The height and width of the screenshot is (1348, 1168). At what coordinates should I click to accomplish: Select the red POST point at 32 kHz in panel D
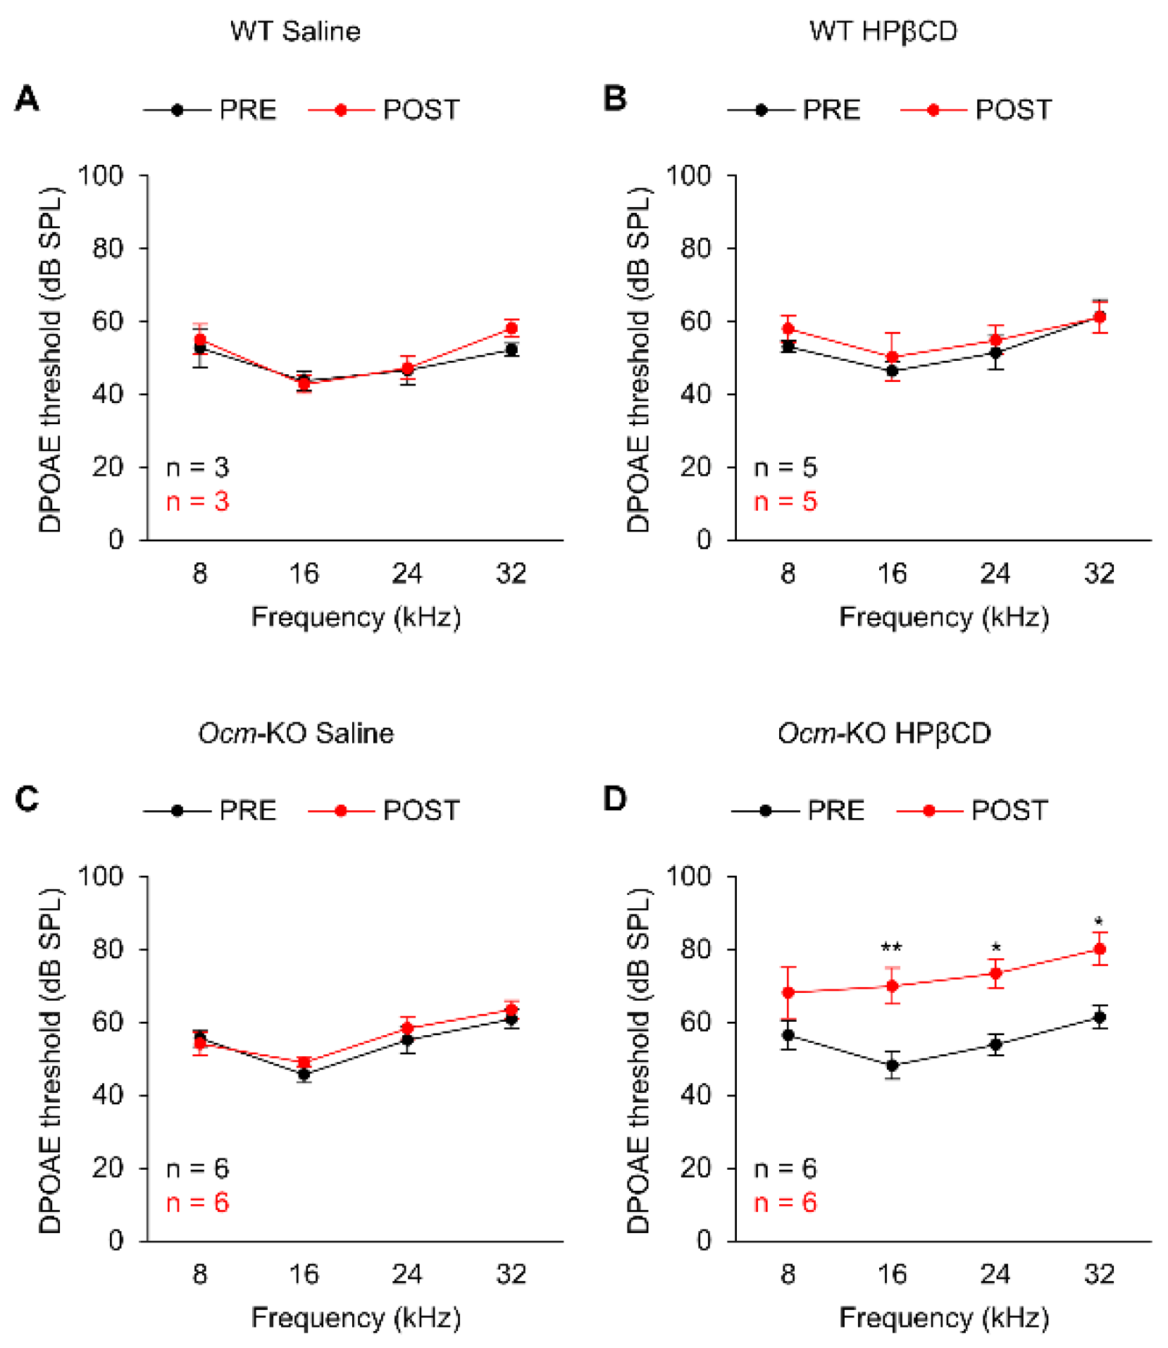pos(1099,949)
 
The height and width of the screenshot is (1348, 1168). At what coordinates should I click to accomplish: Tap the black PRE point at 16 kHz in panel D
pos(892,1065)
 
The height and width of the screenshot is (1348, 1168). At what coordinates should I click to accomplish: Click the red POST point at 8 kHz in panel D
pos(788,992)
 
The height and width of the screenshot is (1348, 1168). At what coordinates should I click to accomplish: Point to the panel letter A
pos(27,99)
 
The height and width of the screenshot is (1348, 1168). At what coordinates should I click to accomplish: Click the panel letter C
pos(27,799)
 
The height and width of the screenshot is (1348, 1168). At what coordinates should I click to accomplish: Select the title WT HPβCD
pos(883,31)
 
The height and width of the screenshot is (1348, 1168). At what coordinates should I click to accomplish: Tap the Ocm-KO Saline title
pos(295,733)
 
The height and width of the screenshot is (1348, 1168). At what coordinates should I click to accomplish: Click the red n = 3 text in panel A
pos(197,502)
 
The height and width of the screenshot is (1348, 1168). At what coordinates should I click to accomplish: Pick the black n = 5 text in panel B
pos(785,467)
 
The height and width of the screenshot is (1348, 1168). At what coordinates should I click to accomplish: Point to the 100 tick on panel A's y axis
pos(100,175)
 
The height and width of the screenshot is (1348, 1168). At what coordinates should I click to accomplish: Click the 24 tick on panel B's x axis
pos(995,574)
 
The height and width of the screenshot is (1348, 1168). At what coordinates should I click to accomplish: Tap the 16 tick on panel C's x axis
pos(304,1274)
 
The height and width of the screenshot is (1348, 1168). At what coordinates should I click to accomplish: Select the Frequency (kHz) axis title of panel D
pos(943,1317)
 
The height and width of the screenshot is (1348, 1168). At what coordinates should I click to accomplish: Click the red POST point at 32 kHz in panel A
pos(511,328)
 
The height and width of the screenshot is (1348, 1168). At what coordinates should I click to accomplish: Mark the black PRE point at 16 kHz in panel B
pos(892,371)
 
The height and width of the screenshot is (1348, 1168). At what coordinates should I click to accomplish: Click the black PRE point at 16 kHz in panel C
pos(304,1074)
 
